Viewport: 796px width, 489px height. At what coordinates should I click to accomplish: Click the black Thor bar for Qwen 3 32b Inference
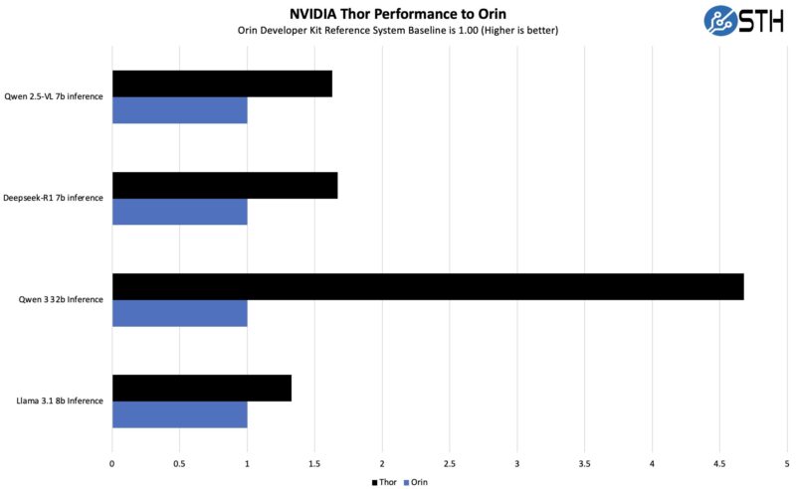(428, 286)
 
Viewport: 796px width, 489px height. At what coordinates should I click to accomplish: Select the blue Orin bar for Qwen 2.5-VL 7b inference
(179, 110)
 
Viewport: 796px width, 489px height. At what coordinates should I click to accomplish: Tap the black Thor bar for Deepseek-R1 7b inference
(225, 185)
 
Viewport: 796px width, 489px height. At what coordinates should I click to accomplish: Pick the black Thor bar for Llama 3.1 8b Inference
(201, 388)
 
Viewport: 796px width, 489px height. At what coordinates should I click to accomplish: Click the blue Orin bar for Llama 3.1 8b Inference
(179, 414)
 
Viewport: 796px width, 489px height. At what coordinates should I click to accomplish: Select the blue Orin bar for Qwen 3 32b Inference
(179, 313)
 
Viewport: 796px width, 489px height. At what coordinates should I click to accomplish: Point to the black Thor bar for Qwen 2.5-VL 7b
(222, 83)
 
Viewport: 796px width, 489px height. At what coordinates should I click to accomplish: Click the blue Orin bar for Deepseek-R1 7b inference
(179, 212)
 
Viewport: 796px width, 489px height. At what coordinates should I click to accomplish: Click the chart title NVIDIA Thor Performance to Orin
(398, 13)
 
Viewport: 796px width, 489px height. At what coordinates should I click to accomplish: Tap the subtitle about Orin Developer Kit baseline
(398, 31)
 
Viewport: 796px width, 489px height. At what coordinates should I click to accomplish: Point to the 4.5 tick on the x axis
(719, 463)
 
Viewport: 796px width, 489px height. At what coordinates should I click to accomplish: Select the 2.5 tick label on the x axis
(450, 463)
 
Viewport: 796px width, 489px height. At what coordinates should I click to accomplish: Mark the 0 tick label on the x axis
(112, 463)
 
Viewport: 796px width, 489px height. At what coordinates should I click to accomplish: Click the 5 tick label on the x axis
(787, 463)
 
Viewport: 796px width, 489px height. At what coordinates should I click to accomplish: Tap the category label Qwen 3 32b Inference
(61, 299)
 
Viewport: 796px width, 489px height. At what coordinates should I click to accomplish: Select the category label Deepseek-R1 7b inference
(54, 198)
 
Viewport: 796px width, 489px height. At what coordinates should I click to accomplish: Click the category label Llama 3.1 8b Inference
(59, 401)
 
